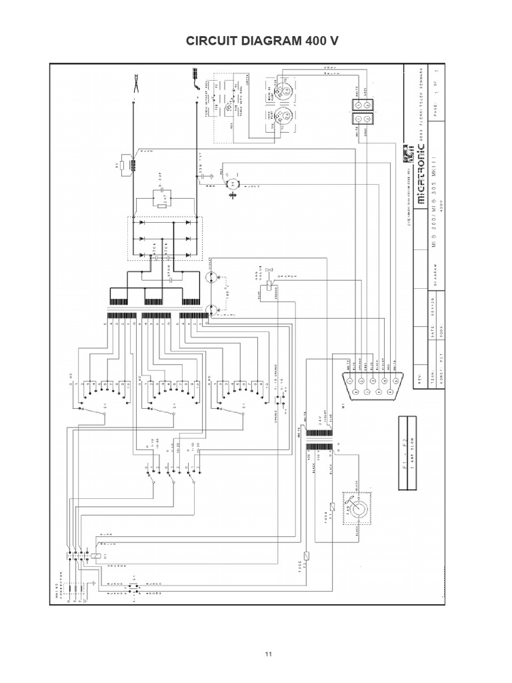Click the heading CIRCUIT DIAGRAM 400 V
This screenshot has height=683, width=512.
255,41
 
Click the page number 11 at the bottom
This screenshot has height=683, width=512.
269,654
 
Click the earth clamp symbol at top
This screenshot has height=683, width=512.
135,85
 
